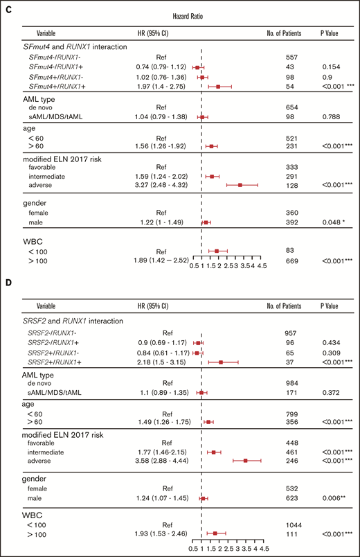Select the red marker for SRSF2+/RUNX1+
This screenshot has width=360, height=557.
tap(221, 361)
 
